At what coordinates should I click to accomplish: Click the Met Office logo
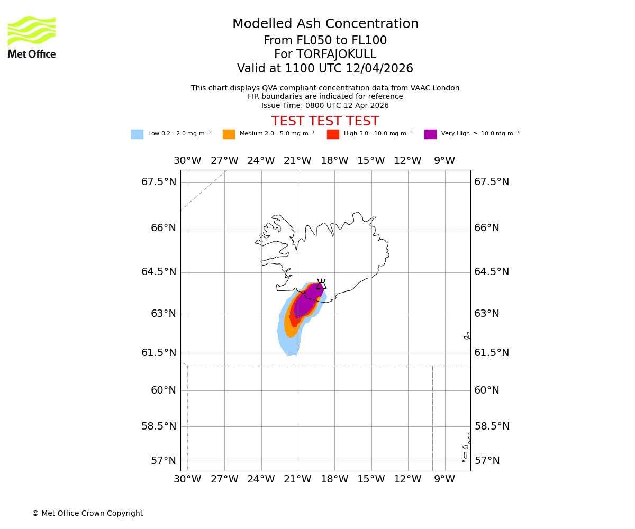pos(32,37)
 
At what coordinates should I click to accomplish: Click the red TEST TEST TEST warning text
pos(325,121)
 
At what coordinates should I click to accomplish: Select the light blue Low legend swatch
pos(137,134)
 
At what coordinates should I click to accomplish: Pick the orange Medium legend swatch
pos(229,134)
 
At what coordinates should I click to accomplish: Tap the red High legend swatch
pos(333,134)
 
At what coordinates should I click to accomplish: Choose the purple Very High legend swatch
pos(430,134)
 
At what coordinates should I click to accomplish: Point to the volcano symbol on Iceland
pos(321,284)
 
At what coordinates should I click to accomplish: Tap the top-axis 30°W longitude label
pos(187,161)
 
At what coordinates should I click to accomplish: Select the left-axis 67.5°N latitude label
pos(159,182)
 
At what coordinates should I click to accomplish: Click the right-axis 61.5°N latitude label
pos(492,353)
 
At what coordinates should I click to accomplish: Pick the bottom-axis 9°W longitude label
pos(444,479)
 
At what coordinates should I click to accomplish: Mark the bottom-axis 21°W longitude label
pos(297,479)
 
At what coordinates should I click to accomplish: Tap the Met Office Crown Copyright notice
pos(87,513)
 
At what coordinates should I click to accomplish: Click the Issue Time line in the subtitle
pos(325,105)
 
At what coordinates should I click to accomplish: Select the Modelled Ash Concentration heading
pos(325,24)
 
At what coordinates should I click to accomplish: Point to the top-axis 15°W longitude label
pos(371,161)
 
